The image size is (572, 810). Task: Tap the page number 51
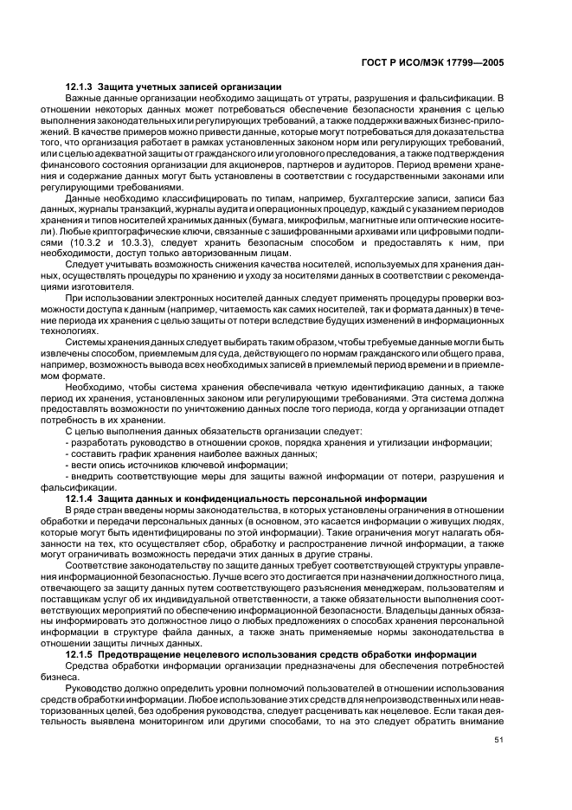tap(498, 740)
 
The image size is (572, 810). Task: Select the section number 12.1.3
tap(80, 87)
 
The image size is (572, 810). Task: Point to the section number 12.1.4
tap(80, 498)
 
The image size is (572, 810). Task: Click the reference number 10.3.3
tap(138, 243)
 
